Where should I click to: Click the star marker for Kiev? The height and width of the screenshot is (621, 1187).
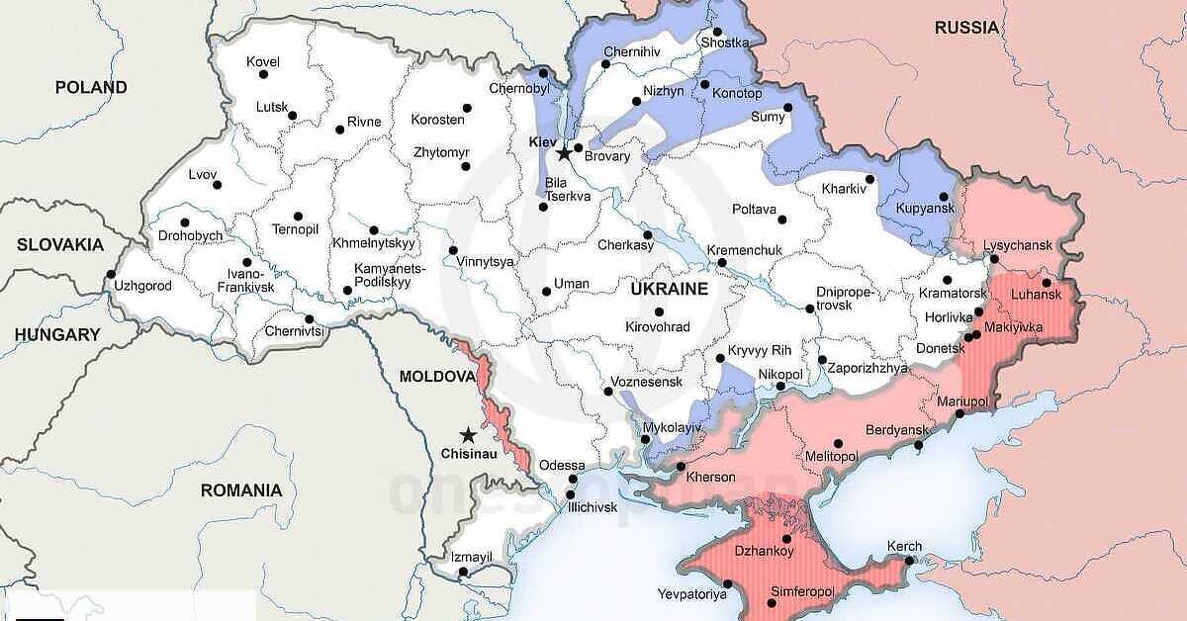click(564, 153)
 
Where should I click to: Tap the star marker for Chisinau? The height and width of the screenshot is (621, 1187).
click(467, 435)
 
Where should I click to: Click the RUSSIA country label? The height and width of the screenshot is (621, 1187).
click(966, 28)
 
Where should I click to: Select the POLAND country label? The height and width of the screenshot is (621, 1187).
click(91, 87)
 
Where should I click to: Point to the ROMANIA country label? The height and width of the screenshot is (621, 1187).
click(241, 489)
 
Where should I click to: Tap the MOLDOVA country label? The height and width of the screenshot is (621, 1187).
click(437, 377)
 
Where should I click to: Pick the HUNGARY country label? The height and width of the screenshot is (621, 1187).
click(57, 334)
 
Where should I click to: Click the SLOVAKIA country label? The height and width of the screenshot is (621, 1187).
click(59, 244)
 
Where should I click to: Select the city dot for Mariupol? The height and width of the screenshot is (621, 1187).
click(959, 413)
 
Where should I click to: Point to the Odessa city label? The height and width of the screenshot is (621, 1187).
click(562, 465)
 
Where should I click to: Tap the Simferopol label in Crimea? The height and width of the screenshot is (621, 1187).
click(802, 591)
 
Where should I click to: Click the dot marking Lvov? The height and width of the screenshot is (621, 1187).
click(218, 185)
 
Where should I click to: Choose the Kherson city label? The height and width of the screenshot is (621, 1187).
click(710, 477)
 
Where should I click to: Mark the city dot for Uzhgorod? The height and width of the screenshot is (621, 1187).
click(111, 275)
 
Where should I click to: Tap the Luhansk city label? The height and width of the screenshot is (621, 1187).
click(1035, 295)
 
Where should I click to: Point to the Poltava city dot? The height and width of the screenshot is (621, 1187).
click(782, 220)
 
